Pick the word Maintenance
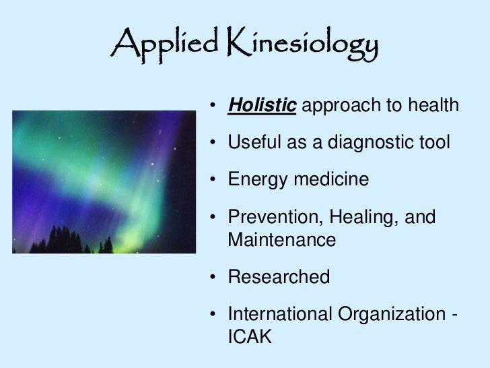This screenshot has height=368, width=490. [x=282, y=239]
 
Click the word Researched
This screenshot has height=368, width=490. [x=279, y=276]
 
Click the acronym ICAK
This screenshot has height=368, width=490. [x=250, y=334]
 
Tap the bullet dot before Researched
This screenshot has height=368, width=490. [x=213, y=277]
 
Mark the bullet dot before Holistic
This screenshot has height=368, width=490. [x=213, y=106]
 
